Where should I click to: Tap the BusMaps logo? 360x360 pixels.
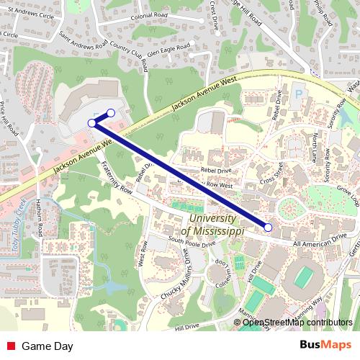pos(325,346)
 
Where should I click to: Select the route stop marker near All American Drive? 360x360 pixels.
pos(269,228)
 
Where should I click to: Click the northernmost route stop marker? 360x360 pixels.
pos(111,112)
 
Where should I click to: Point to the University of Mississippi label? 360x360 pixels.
pos(212,225)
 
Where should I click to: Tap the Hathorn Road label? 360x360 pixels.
pos(40,219)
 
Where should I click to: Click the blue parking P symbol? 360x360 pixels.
pos(299,94)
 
